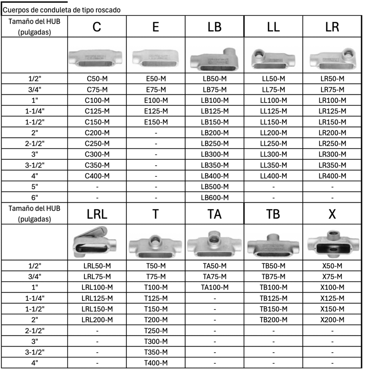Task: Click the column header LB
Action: coord(214,27)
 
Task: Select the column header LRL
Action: coord(97,214)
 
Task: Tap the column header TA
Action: coord(214,214)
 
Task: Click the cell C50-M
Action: coord(97,79)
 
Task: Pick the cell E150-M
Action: coord(156,122)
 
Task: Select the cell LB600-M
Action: coord(214,197)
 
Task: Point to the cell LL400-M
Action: coord(273,176)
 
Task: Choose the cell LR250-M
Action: coord(332,143)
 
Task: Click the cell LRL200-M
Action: coord(97,320)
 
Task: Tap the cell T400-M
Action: coord(156,363)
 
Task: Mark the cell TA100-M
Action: coord(214,287)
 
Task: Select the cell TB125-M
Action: coord(273,298)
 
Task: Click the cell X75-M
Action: coord(332,277)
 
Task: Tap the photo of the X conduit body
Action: coord(332,243)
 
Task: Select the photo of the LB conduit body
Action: coord(214,58)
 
